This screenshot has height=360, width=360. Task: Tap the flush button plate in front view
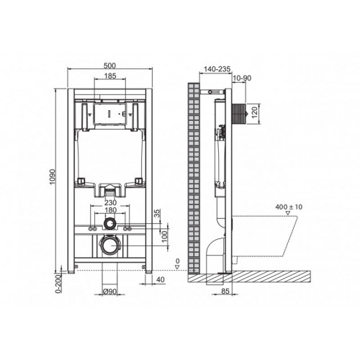109,113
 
